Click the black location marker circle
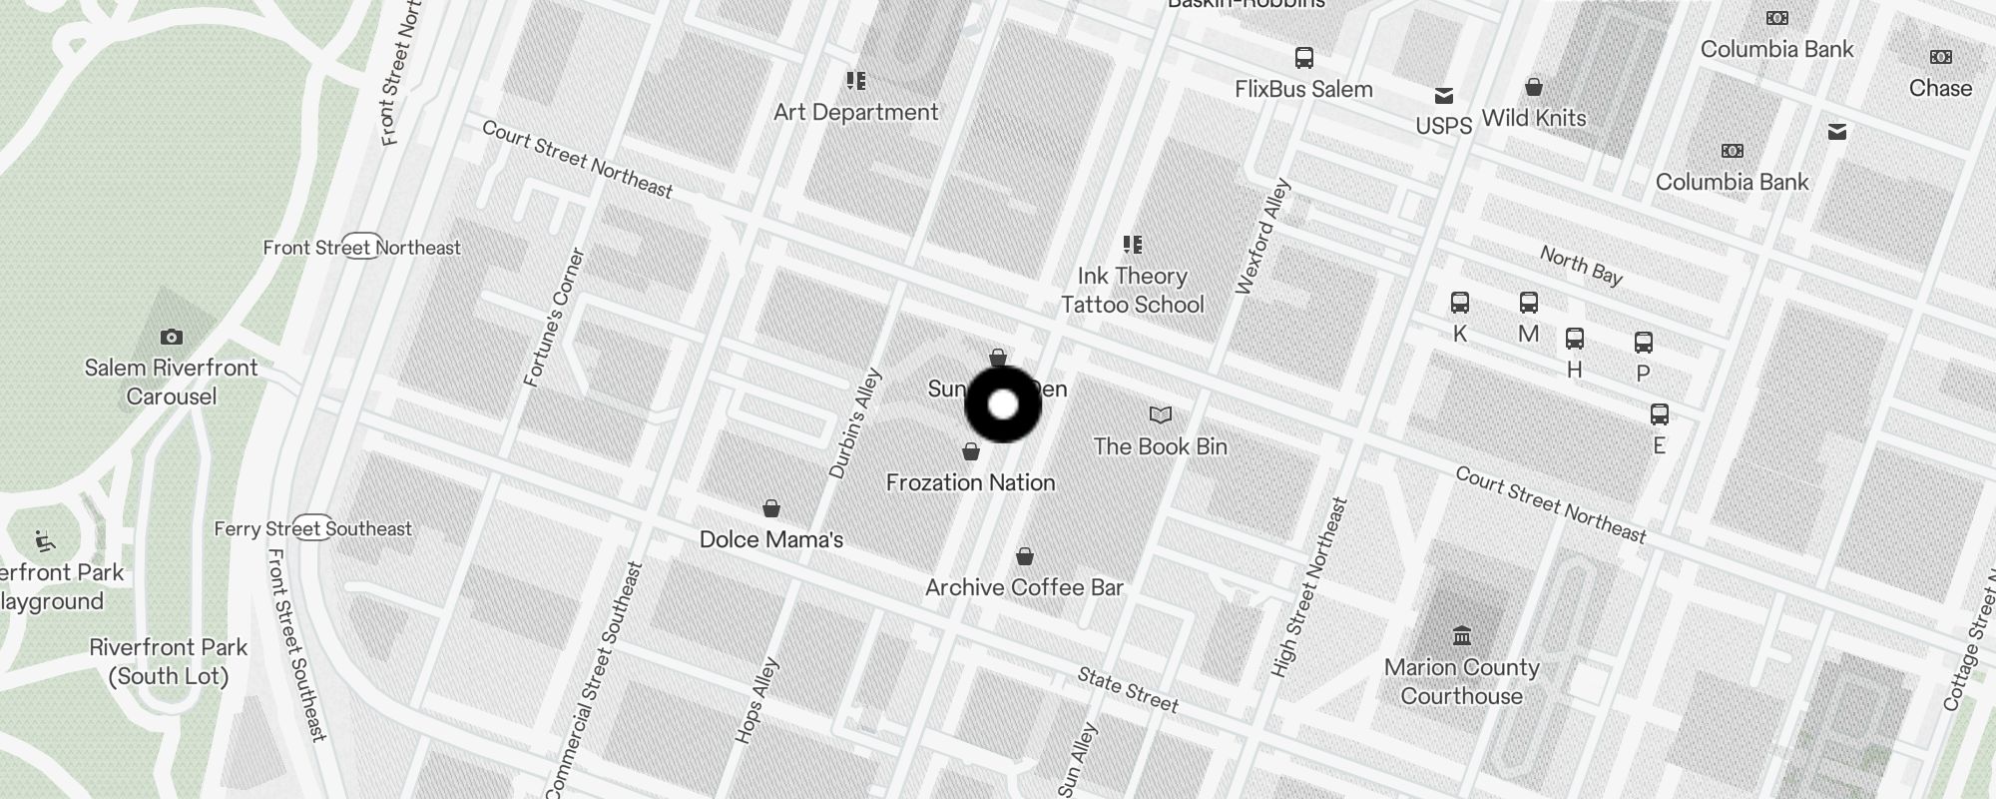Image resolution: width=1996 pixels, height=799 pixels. [x=1003, y=404]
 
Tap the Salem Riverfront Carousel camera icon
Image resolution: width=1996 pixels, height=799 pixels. [x=172, y=338]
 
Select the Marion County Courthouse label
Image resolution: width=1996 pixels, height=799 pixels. [x=1461, y=681]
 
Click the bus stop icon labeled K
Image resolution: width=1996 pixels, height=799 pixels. [x=1460, y=303]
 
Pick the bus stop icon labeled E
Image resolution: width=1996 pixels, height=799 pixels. [x=1660, y=414]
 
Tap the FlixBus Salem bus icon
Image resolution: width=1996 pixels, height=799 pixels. [x=1304, y=58]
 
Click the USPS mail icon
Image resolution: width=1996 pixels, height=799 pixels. [x=1444, y=96]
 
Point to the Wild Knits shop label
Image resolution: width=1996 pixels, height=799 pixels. [x=1533, y=118]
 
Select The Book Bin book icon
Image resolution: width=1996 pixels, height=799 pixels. [x=1161, y=414]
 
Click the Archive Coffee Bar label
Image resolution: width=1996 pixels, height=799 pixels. [x=1024, y=587]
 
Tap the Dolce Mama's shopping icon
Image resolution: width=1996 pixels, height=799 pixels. [x=771, y=509]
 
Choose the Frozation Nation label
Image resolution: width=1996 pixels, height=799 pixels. [x=970, y=482]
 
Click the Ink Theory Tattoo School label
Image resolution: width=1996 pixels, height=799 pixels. [x=1132, y=290]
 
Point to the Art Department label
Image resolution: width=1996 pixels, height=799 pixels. [x=856, y=112]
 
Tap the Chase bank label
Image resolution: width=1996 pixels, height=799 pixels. [x=1940, y=88]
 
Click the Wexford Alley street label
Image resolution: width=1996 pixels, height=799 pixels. [x=1262, y=237]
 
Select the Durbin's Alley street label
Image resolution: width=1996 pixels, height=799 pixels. [x=855, y=423]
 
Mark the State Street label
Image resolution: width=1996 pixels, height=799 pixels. [x=1128, y=690]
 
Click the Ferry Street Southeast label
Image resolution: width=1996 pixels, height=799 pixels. [x=312, y=529]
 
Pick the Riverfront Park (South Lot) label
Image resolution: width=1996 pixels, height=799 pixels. [x=169, y=661]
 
